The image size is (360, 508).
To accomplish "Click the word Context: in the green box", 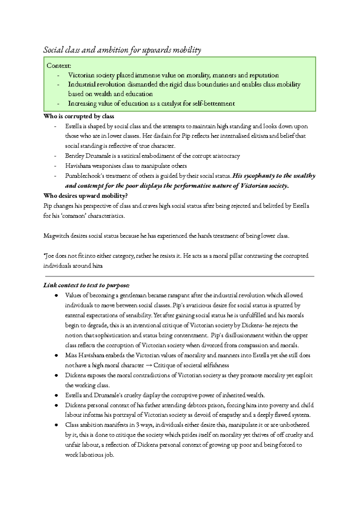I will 59,66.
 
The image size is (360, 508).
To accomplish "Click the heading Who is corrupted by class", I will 79,116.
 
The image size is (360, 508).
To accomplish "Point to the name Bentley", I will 75,156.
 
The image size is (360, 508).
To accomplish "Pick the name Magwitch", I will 56,236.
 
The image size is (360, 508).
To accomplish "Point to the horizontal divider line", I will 179,276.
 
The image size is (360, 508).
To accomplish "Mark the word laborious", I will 91,455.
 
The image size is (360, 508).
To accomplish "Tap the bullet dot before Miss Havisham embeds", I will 56,356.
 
